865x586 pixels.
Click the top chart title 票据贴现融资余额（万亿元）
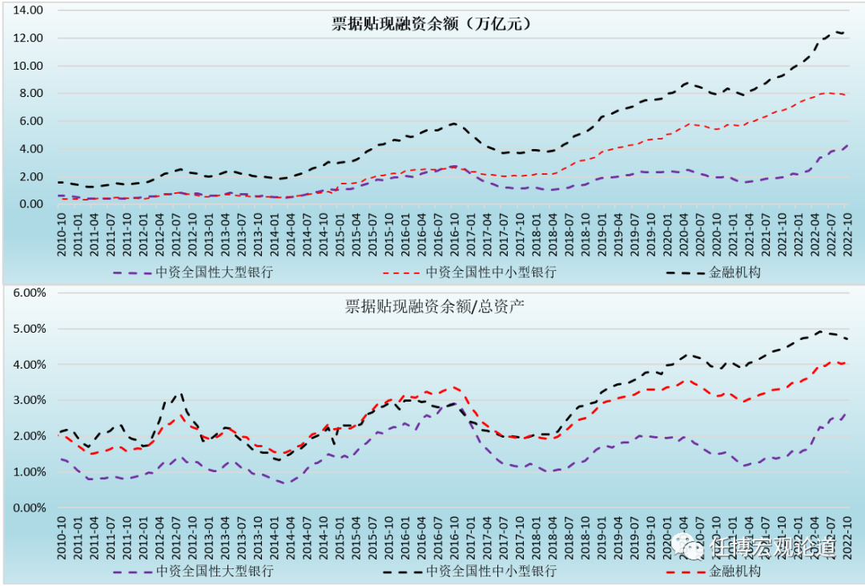tap(432, 24)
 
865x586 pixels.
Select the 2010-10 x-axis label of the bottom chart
tap(61, 538)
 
